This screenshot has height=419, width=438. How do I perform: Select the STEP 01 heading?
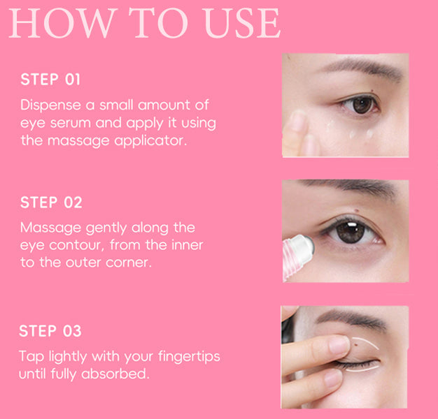click(x=50, y=79)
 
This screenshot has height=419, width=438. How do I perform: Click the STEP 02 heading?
click(x=51, y=203)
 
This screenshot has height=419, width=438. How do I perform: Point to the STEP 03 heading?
click(x=50, y=330)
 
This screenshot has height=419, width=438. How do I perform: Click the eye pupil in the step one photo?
click(x=362, y=104)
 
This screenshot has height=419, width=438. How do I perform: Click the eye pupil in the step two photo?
click(x=351, y=231)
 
